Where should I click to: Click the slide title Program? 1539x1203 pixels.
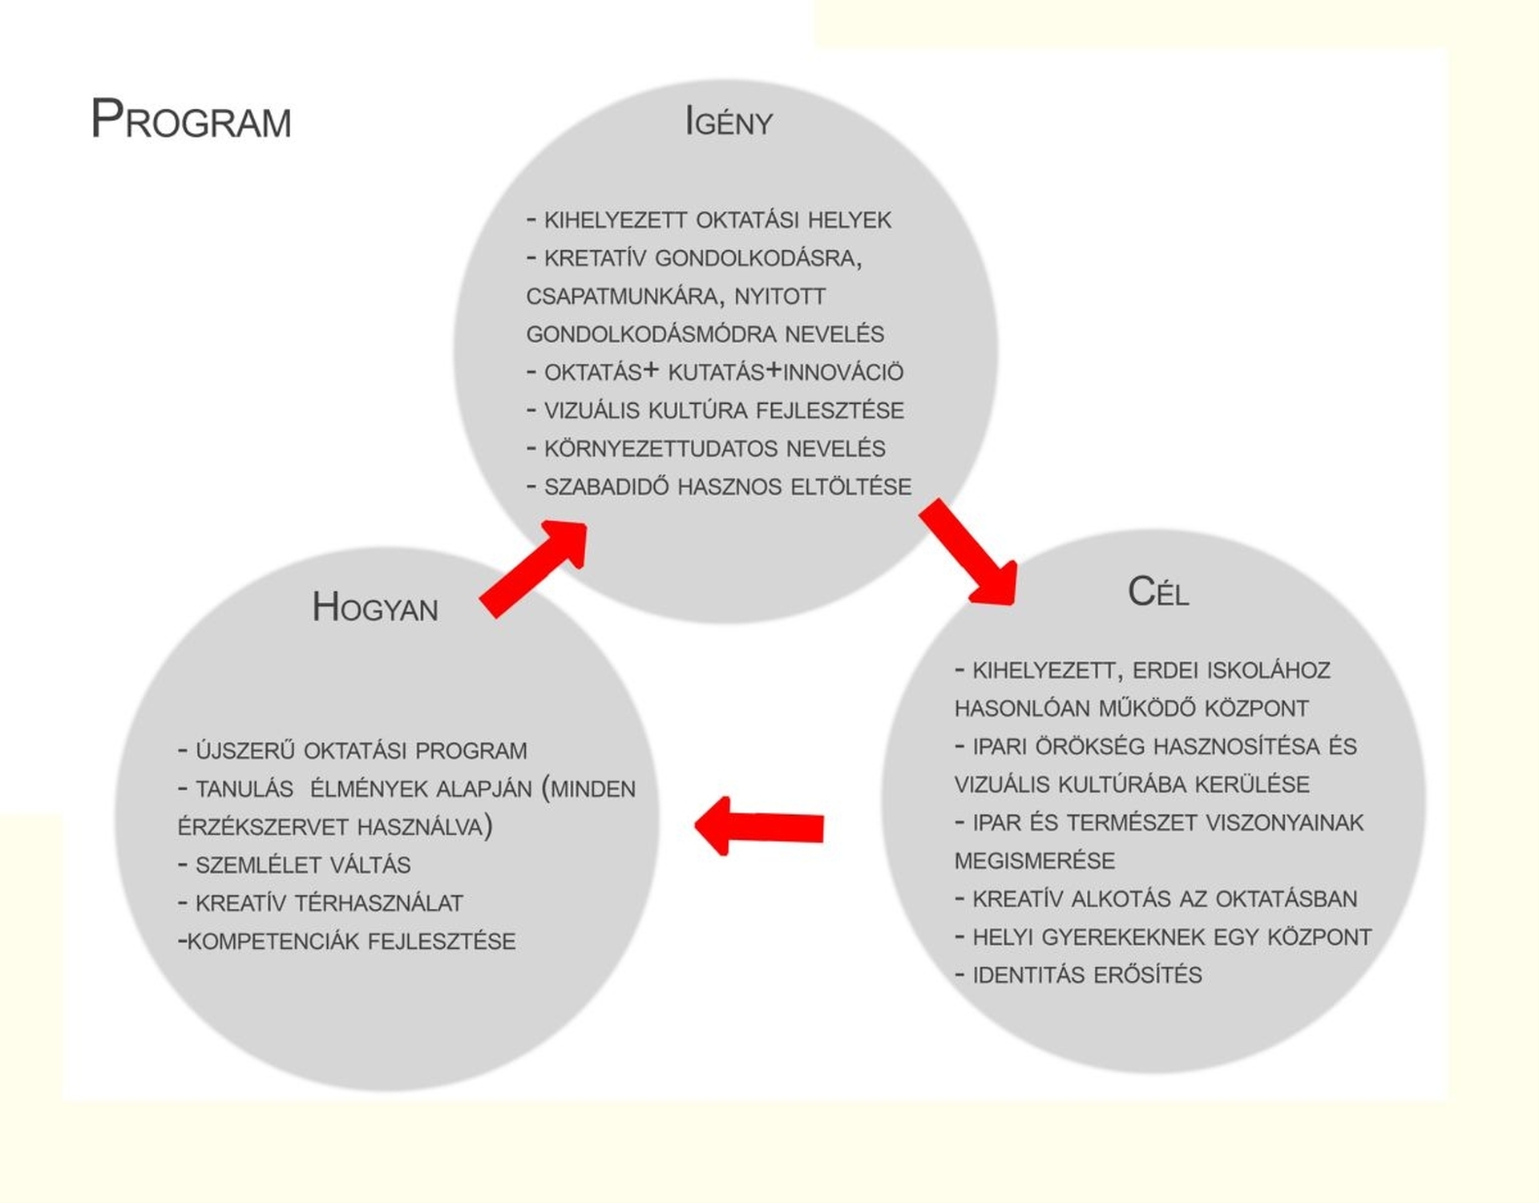pyautogui.click(x=191, y=119)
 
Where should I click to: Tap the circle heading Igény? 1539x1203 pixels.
pyautogui.click(x=729, y=121)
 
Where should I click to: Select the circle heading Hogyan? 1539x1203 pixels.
pyautogui.click(x=375, y=607)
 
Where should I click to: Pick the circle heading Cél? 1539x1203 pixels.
pyautogui.click(x=1158, y=591)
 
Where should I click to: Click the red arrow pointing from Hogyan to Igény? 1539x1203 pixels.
pyautogui.click(x=534, y=568)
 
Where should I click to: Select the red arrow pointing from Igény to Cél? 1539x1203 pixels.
pyautogui.click(x=968, y=551)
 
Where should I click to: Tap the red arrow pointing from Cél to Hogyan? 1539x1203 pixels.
pyautogui.click(x=759, y=826)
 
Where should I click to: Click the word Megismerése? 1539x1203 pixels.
pyautogui.click(x=1035, y=861)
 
